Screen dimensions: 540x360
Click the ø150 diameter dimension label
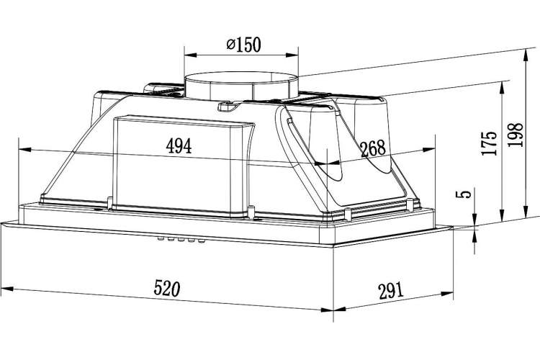pyautogui.click(x=244, y=45)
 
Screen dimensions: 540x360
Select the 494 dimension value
pyautogui.click(x=179, y=145)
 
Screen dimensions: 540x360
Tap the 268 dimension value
pyautogui.click(x=373, y=148)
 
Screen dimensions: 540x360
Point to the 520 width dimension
pyautogui.click(x=167, y=288)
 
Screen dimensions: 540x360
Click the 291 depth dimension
pyautogui.click(x=390, y=291)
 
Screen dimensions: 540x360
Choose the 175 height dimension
pyautogui.click(x=490, y=143)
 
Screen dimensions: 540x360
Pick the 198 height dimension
pyautogui.click(x=516, y=135)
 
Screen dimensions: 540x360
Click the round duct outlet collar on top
pyautogui.click(x=241, y=86)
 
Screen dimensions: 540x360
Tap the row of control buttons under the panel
pyautogui.click(x=181, y=240)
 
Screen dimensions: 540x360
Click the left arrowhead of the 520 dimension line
pyautogui.click(x=7, y=288)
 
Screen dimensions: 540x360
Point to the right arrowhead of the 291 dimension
pyautogui.click(x=446, y=294)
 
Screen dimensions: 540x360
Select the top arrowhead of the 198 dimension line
pyautogui.click(x=526, y=56)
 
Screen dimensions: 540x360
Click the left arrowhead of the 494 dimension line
pyautogui.click(x=24, y=150)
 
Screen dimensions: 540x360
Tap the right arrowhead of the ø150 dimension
pyautogui.click(x=292, y=55)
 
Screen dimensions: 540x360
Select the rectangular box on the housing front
pyautogui.click(x=183, y=167)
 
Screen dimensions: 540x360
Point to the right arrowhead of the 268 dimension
pyautogui.click(x=429, y=150)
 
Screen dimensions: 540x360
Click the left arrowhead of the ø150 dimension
pyautogui.click(x=191, y=55)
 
